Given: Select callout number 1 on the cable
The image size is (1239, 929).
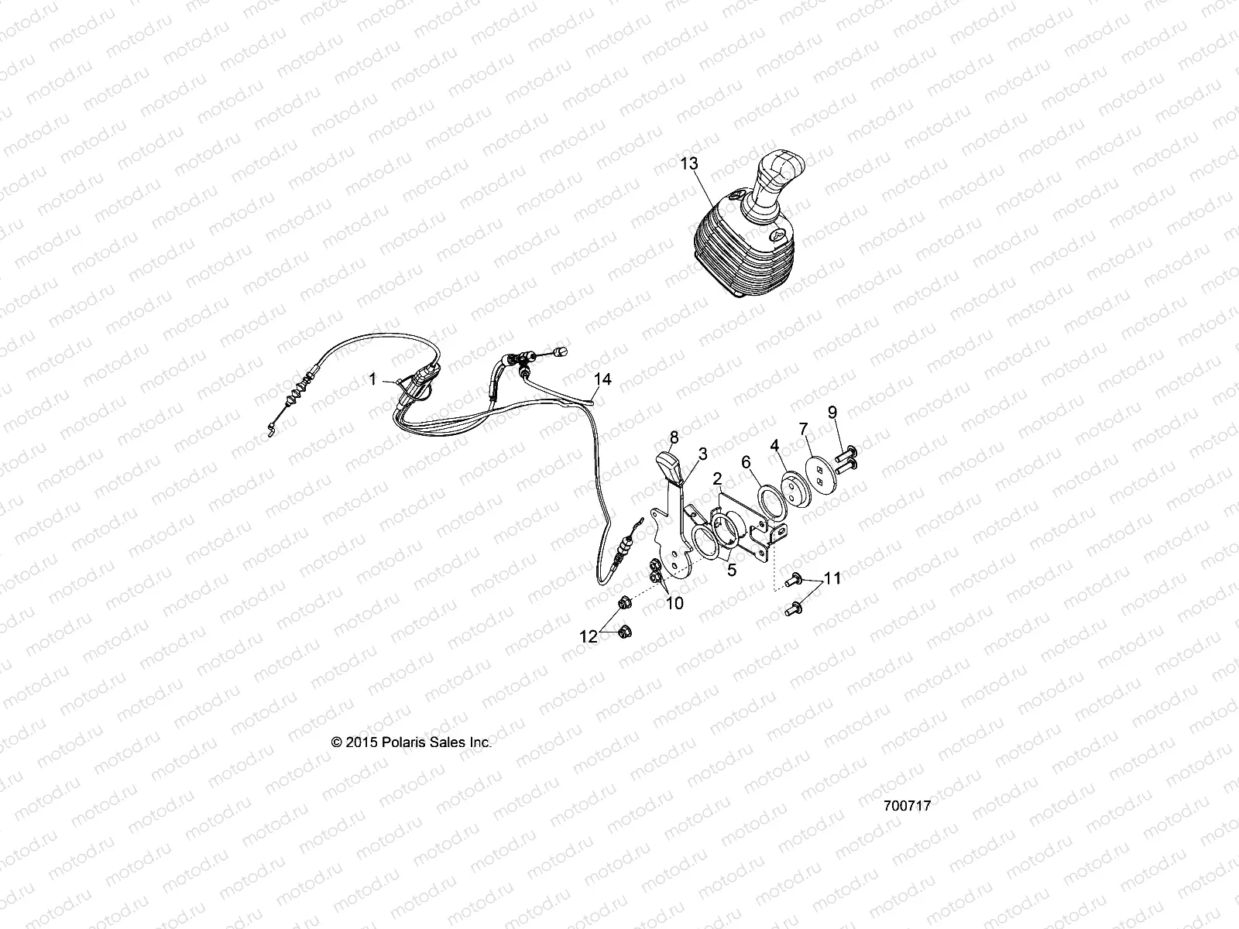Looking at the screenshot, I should tap(372, 379).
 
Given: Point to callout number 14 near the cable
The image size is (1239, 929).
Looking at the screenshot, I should tap(602, 379).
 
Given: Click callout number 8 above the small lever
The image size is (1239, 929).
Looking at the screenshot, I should tap(674, 437).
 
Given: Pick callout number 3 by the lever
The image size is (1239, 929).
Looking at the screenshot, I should tap(703, 453).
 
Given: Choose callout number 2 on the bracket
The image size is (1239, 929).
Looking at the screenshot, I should tap(718, 478).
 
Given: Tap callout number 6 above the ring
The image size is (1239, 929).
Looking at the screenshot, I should tap(746, 462).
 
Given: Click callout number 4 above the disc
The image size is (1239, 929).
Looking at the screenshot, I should tap(774, 445).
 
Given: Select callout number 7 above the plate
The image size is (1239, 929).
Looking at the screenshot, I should tap(803, 428).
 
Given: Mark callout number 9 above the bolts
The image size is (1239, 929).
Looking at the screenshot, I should tap(832, 412).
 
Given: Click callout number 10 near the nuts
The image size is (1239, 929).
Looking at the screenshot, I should tap(674, 603).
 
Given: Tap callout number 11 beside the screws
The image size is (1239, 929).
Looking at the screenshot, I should tap(832, 578).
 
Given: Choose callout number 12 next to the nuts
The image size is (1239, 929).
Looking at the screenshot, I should tap(589, 637).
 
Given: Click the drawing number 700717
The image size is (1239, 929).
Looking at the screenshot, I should tap(906, 805).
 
